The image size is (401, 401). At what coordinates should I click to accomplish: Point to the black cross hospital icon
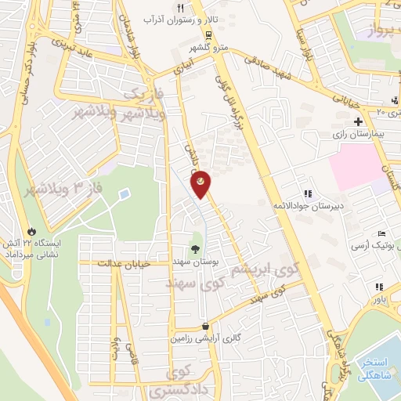tap(358, 121)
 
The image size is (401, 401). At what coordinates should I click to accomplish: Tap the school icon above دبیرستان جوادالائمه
tap(308, 193)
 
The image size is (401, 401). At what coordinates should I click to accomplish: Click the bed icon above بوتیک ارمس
tap(381, 234)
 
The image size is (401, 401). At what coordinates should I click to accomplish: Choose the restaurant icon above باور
tap(380, 287)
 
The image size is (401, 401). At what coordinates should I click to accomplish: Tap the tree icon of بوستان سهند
tap(195, 248)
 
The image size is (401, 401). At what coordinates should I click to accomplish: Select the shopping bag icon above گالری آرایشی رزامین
tap(205, 326)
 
